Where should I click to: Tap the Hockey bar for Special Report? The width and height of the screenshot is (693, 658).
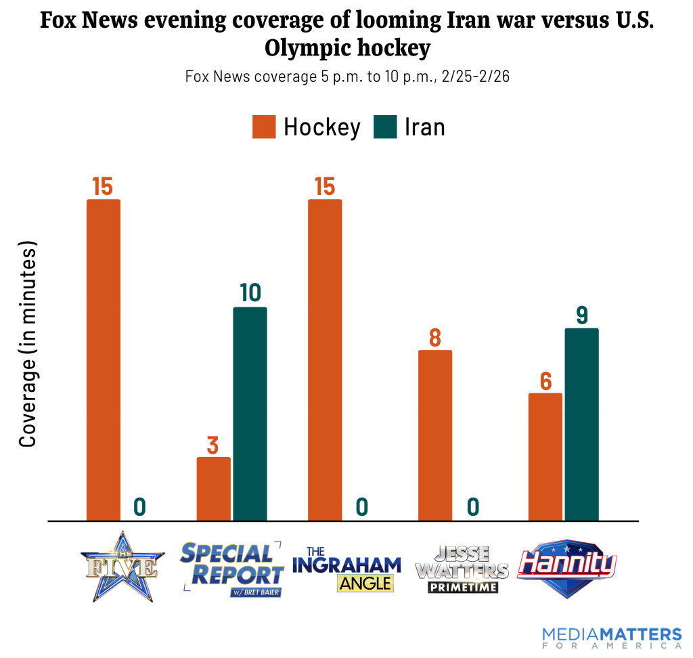[214, 489]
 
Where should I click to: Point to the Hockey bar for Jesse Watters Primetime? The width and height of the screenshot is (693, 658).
[435, 435]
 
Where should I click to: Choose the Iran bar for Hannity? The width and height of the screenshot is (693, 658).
[582, 424]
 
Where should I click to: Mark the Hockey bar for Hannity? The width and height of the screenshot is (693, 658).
[545, 457]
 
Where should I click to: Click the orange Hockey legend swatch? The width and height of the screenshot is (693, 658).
[264, 127]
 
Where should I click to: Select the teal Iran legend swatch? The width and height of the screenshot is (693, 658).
[385, 127]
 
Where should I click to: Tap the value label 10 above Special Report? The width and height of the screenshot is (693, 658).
[250, 292]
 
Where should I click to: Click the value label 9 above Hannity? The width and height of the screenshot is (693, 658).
[582, 315]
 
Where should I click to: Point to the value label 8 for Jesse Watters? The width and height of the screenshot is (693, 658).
[435, 336]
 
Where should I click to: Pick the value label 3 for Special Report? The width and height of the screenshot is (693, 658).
[213, 445]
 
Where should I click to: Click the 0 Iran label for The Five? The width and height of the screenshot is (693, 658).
[140, 506]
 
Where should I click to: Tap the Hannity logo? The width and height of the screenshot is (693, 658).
[567, 567]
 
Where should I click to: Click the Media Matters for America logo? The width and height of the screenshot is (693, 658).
[612, 638]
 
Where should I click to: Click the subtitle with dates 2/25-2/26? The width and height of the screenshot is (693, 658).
[346, 76]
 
